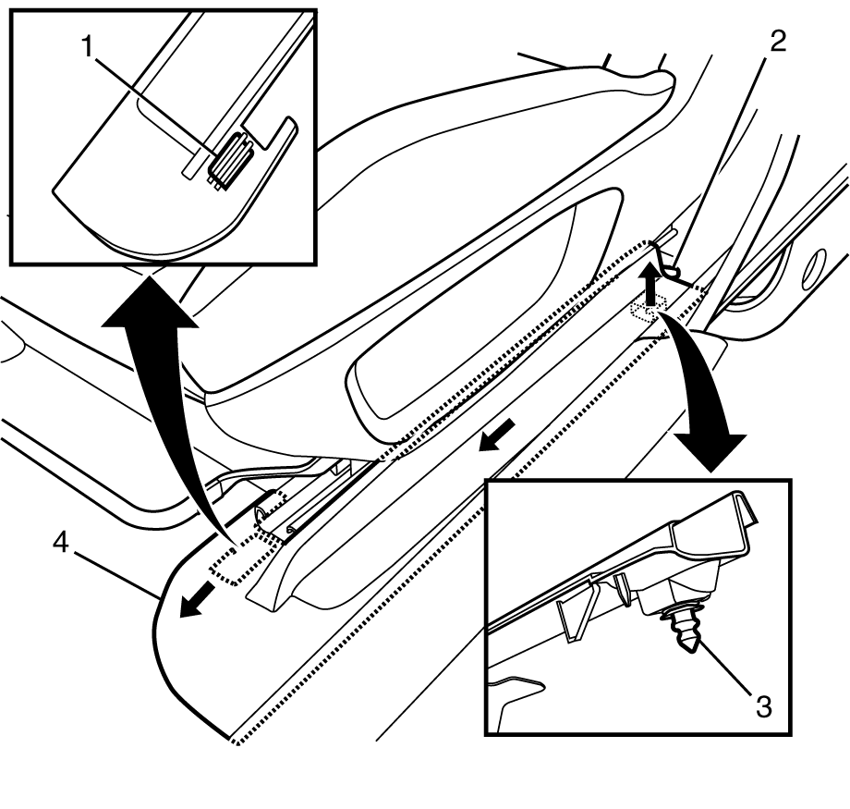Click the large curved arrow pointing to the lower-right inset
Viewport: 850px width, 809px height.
pyautogui.click(x=711, y=398)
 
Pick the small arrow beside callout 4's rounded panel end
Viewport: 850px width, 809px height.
pyautogui.click(x=193, y=604)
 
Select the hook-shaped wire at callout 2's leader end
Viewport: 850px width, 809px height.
pyautogui.click(x=667, y=259)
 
